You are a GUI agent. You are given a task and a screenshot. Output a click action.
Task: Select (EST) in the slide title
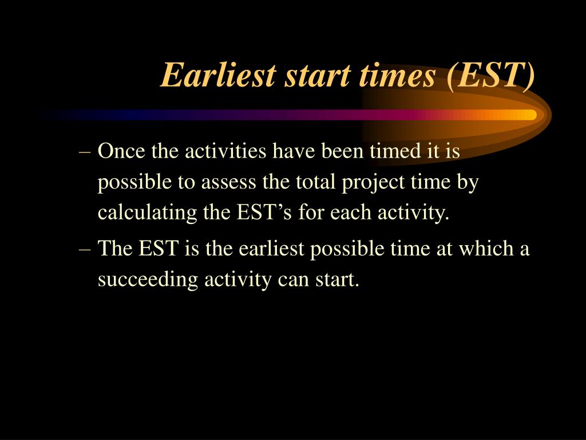pyautogui.click(x=490, y=76)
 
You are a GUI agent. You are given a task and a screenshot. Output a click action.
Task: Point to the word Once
pyautogui.click(x=121, y=151)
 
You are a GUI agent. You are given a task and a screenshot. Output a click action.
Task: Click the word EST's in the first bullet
pyautogui.click(x=264, y=213)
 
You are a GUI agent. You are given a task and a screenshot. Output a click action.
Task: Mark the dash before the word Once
pyautogui.click(x=85, y=152)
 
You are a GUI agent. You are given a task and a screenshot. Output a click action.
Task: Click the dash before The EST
pyautogui.click(x=85, y=250)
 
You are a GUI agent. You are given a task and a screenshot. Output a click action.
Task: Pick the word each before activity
pyautogui.click(x=351, y=213)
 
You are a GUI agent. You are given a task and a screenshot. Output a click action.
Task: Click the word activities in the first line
pyautogui.click(x=225, y=151)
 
